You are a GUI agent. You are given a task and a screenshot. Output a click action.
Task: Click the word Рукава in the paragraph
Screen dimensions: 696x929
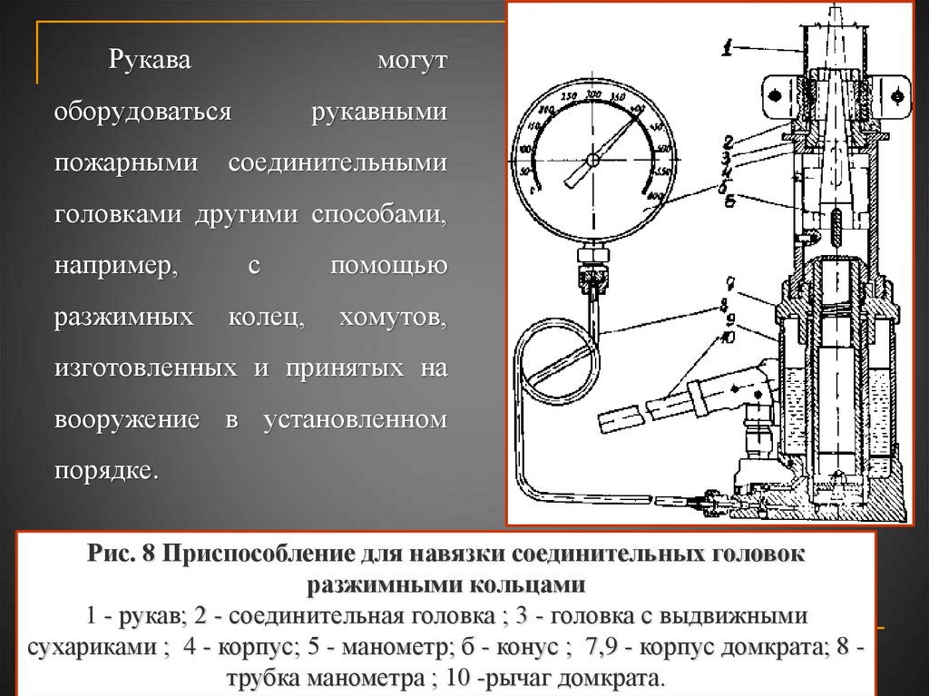pyautogui.click(x=150, y=63)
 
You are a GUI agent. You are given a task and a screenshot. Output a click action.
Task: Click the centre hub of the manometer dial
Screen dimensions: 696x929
pyautogui.click(x=592, y=160)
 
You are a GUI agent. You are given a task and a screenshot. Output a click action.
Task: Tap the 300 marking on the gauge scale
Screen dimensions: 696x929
pyautogui.click(x=593, y=94)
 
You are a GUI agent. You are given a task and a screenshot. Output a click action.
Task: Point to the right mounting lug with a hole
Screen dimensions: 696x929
pyautogui.click(x=897, y=93)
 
